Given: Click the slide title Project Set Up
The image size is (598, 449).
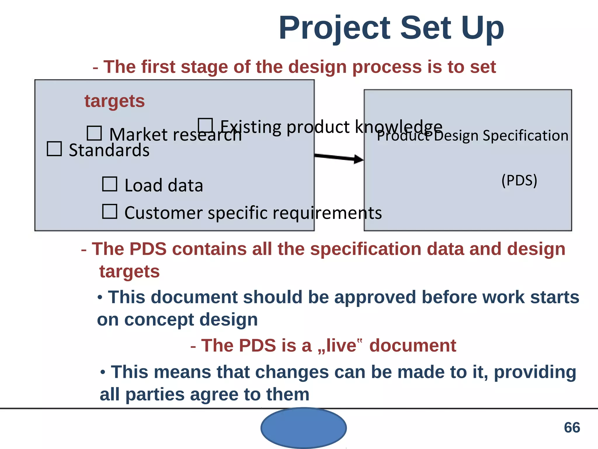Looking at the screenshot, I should pos(391,28).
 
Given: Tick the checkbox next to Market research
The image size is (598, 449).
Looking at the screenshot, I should pos(94,133).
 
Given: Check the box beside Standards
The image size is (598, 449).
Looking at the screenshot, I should pos(54,149).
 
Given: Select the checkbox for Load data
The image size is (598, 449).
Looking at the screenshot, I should pos(110,184).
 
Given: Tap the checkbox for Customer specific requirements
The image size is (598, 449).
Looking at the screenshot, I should pos(110,211).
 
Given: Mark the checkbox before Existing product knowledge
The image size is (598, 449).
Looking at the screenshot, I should pos(205,125).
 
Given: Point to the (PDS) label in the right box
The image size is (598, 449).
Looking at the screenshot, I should pos(519,180).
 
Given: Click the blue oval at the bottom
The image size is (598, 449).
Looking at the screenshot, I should pos(304,428).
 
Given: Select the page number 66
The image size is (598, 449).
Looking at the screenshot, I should pos(572,428).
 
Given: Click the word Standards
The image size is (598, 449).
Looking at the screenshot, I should pos(109,150).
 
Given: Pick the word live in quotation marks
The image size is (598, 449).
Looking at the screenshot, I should pos(341,346).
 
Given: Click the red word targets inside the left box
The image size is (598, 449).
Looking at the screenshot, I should pos(114,101).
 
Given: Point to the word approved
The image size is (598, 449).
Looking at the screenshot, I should pos(375,297).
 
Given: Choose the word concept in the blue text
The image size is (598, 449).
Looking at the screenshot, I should pos(159,320).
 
